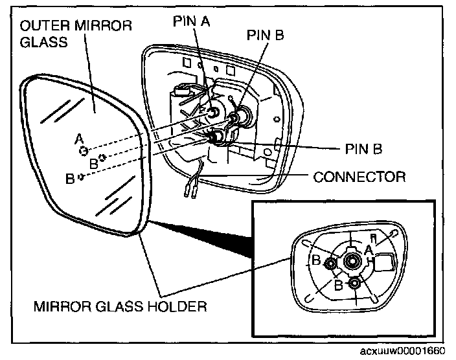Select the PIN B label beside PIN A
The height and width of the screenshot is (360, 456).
pyautogui.click(x=265, y=36)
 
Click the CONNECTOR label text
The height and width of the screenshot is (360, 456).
pyautogui.click(x=359, y=177)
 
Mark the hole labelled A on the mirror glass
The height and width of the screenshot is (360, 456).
pyautogui.click(x=84, y=151)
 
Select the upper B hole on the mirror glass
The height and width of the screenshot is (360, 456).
pyautogui.click(x=102, y=158)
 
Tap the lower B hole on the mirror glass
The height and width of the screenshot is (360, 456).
pyautogui.click(x=80, y=176)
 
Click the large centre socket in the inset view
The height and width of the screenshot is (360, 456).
pyautogui.click(x=353, y=260)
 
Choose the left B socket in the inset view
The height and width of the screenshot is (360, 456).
pyautogui.click(x=330, y=264)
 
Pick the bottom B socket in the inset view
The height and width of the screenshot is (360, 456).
pyautogui.click(x=354, y=284)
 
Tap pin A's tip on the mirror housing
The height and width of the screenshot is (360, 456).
pyautogui.click(x=212, y=113)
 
